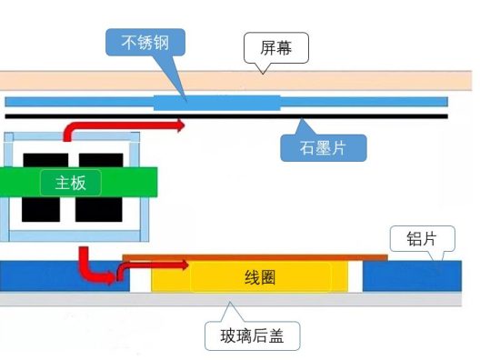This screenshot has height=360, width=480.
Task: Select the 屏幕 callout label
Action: [275, 46]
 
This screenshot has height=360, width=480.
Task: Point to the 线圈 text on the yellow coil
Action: [260, 276]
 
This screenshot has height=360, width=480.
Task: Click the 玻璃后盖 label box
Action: [253, 336]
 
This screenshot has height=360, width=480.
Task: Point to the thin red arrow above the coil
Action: [159, 265]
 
